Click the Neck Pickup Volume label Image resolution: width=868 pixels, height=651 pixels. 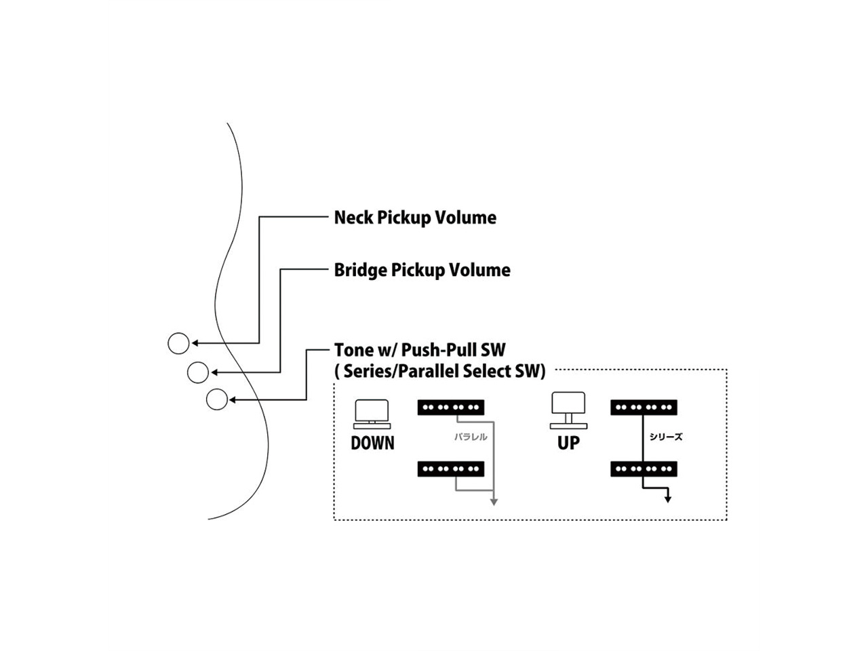tap(414, 218)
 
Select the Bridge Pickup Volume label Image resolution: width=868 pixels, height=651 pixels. tap(422, 270)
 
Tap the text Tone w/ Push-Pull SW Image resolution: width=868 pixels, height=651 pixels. tap(419, 350)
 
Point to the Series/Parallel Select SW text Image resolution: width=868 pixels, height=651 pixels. tap(440, 371)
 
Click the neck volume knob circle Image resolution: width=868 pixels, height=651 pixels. tap(178, 343)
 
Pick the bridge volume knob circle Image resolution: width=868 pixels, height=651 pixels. tap(198, 372)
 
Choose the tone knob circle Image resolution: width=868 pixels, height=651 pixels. tap(217, 399)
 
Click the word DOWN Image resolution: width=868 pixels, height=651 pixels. tap(372, 443)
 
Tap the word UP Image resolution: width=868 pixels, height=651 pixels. tap(568, 443)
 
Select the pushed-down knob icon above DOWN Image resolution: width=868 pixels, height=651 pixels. tap(372, 414)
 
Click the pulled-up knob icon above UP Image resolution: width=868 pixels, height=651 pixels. tap(568, 410)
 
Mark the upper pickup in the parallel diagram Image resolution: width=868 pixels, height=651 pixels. tap(451, 408)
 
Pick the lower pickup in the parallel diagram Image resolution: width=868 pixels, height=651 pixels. tap(451, 469)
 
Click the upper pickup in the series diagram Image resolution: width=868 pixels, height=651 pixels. tap(644, 408)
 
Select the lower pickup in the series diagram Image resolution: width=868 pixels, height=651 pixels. tap(644, 469)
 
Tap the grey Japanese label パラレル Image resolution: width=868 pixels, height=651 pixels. tap(471, 437)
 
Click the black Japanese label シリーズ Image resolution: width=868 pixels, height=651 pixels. tap(666, 437)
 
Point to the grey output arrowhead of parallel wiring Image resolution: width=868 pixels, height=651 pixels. tap(494, 502)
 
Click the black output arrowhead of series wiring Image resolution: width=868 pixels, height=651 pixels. tap(668, 499)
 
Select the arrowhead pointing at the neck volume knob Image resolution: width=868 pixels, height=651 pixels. tap(195, 343)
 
